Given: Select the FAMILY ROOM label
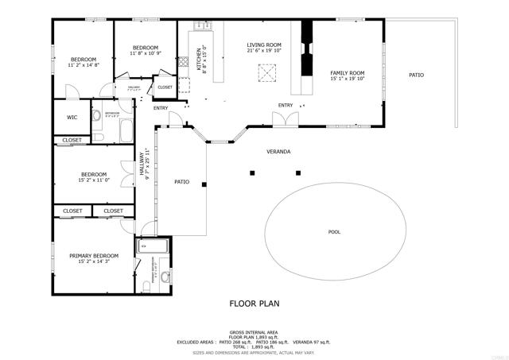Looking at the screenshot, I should click(x=347, y=73).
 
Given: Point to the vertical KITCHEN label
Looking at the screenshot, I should click(x=200, y=60).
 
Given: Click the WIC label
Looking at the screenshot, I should click(x=72, y=117).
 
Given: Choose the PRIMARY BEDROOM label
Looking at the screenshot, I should click(x=94, y=256).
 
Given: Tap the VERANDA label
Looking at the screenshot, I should click(x=278, y=151).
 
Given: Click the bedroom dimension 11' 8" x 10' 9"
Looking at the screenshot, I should click(x=146, y=54).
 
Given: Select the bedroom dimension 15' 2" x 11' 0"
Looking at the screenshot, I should click(x=94, y=180).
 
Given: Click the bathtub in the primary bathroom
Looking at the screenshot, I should click(x=154, y=247).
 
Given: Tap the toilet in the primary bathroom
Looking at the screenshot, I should click(x=165, y=277).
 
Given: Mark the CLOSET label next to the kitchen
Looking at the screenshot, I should click(x=165, y=87).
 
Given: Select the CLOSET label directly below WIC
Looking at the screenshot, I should click(x=72, y=141).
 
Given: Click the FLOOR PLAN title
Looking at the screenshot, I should click(x=254, y=303).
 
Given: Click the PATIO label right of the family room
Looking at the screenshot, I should click(x=416, y=75).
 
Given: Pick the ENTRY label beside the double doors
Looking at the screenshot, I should click(x=285, y=106).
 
